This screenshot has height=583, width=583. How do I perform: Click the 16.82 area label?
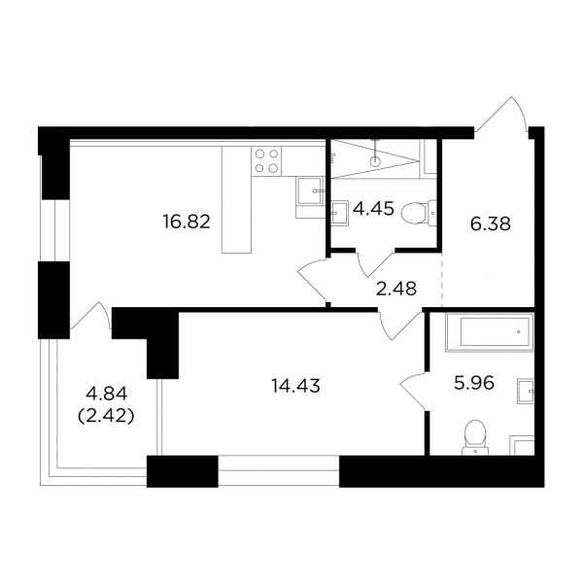coord(187,222)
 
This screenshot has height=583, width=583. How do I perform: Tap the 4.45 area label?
coord(373,209)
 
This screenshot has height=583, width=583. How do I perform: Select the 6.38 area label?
coord(491,224)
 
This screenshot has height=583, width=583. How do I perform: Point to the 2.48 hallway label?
coord(396,289)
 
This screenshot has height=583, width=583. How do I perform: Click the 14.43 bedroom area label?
coord(295,386)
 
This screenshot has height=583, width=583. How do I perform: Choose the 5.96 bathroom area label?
coord(474,383)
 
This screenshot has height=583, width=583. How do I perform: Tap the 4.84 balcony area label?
coord(107,394)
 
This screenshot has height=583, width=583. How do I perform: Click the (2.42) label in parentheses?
coord(106,417)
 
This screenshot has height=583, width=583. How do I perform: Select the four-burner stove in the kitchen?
coord(266,161)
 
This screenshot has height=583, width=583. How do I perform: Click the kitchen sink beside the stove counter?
coord(310,190)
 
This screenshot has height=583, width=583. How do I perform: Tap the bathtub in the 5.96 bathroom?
coord(490,332)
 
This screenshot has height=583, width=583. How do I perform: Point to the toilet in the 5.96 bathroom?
coord(475,437)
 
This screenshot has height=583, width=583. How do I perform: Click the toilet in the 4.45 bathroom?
coord(419,214)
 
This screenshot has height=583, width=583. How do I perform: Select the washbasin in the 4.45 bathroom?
coord(340,214)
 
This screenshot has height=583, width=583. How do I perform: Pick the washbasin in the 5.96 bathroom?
coord(526,392)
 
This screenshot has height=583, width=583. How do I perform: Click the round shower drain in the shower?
coord(375,161)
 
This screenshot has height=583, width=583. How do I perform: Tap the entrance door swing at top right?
coord(502,115)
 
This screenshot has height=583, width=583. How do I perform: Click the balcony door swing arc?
coord(90,315)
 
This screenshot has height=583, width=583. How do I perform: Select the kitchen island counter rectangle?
coord(236,199)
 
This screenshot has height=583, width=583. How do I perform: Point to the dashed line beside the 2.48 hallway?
coord(442,280)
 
